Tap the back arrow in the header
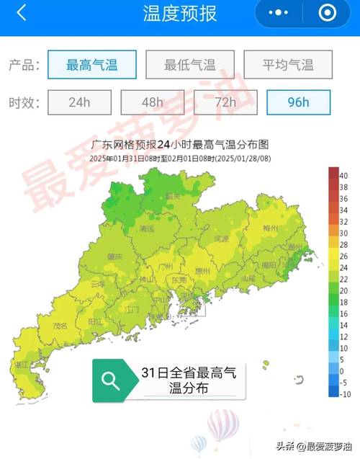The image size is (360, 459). (x=21, y=13)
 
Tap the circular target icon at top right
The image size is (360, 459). (x=327, y=13)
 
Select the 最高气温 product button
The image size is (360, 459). (x=91, y=65)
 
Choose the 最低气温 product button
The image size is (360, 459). (x=190, y=65)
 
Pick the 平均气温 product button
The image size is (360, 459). (x=288, y=65)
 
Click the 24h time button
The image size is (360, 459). (x=79, y=102)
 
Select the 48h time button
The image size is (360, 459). (x=153, y=102)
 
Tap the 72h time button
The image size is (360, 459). (x=225, y=102)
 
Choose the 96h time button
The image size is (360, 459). (x=298, y=102)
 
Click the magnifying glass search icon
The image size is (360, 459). (x=111, y=380)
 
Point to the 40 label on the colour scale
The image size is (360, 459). (x=343, y=175)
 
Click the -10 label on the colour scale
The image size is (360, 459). (x=345, y=393)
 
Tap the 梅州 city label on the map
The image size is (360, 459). (x=291, y=228)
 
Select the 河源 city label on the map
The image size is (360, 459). (x=221, y=239)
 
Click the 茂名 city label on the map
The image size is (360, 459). (x=61, y=326)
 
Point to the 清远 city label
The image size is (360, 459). (x=148, y=228)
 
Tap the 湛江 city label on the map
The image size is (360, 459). (x=30, y=365)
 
